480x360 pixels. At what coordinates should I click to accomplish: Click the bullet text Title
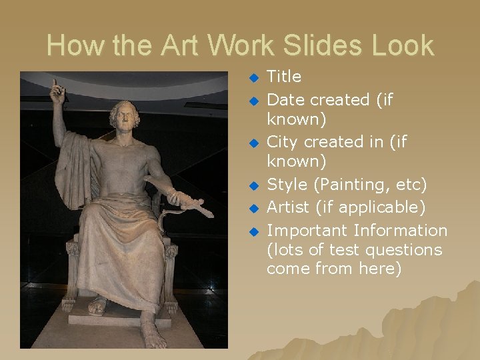click(x=284, y=77)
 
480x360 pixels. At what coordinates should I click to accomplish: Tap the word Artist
click(x=288, y=207)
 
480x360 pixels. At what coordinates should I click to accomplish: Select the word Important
click(x=307, y=231)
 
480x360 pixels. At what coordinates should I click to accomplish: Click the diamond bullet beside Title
click(x=253, y=78)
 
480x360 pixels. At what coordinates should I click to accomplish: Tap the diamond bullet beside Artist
click(x=253, y=209)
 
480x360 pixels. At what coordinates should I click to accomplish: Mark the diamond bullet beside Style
click(x=253, y=185)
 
